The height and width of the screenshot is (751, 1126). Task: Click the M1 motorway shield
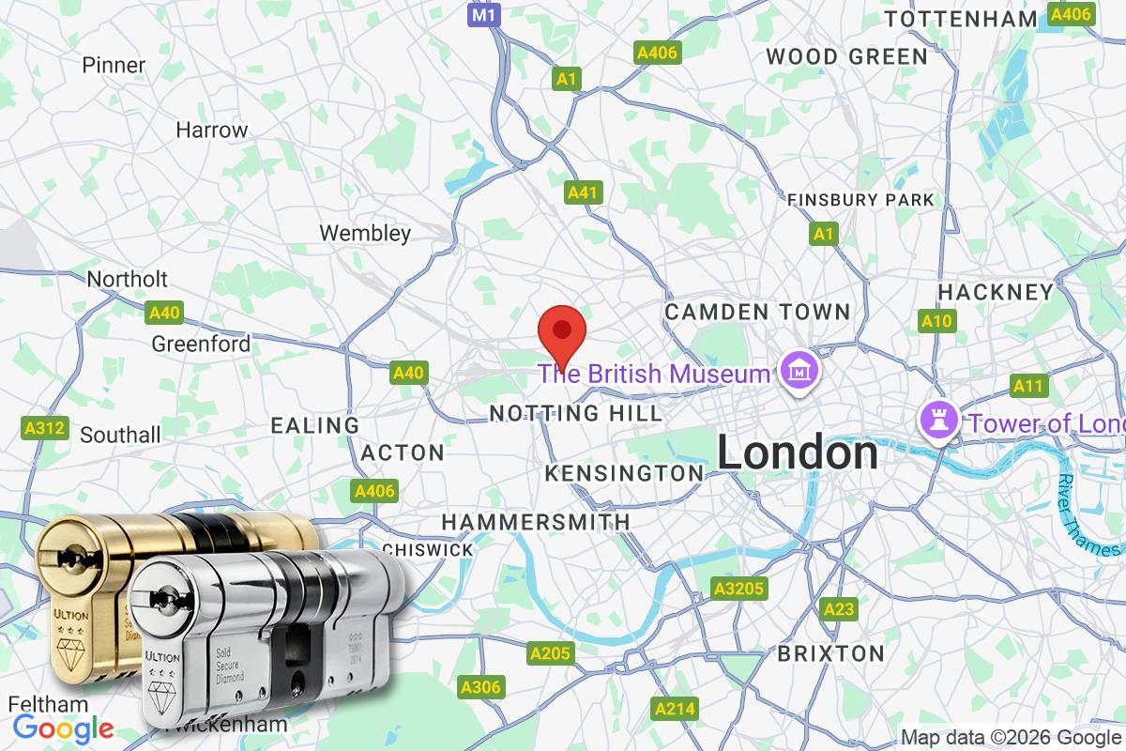(x=483, y=15)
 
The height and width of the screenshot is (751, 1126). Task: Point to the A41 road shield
(x=583, y=192)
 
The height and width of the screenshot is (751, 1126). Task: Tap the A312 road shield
(x=44, y=428)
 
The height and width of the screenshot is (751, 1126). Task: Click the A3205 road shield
(x=738, y=589)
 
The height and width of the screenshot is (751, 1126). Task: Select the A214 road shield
(x=674, y=708)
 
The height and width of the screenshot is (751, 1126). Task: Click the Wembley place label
(x=365, y=233)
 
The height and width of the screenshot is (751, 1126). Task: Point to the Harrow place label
(x=212, y=130)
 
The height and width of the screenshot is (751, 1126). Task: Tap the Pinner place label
(x=114, y=65)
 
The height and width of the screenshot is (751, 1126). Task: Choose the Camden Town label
(x=757, y=311)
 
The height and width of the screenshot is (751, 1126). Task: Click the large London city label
(x=798, y=453)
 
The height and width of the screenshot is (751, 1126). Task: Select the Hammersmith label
(x=536, y=521)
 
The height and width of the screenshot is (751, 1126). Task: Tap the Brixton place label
(x=830, y=653)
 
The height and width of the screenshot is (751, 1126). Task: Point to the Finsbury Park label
(x=860, y=199)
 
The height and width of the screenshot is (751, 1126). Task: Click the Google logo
(x=63, y=728)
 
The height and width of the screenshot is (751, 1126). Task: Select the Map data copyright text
(x=1012, y=737)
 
